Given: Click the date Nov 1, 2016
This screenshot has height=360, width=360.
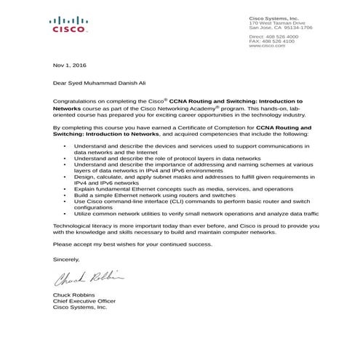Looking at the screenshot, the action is point(69,65).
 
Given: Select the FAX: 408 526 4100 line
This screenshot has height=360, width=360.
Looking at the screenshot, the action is point(272,41).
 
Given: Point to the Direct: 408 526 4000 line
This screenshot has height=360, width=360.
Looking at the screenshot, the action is point(273,36).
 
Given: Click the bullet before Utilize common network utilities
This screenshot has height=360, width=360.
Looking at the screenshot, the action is point(66,215).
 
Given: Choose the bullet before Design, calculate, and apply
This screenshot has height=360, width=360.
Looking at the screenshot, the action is point(66,175).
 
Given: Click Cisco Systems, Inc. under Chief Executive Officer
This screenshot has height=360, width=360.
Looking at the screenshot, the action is point(80,308).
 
